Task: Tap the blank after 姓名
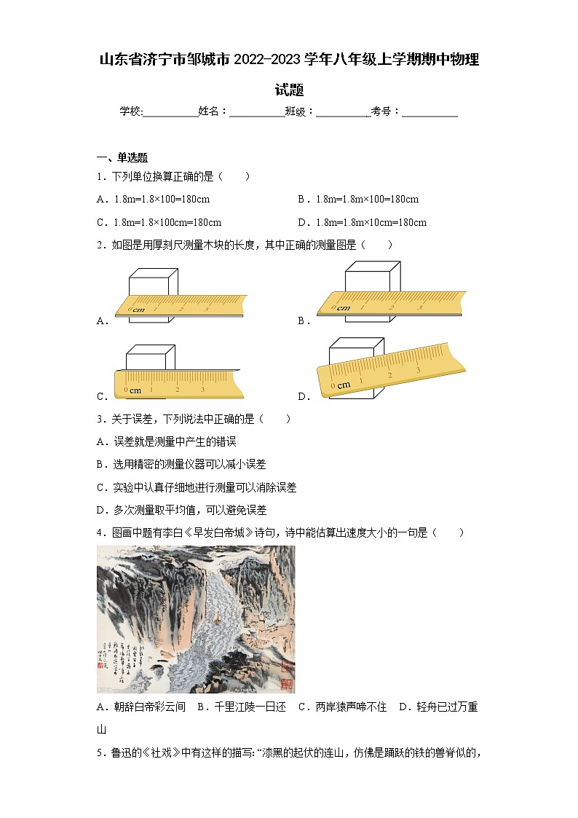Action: click(257, 111)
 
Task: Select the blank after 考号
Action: click(429, 111)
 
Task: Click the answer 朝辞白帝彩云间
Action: click(141, 707)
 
